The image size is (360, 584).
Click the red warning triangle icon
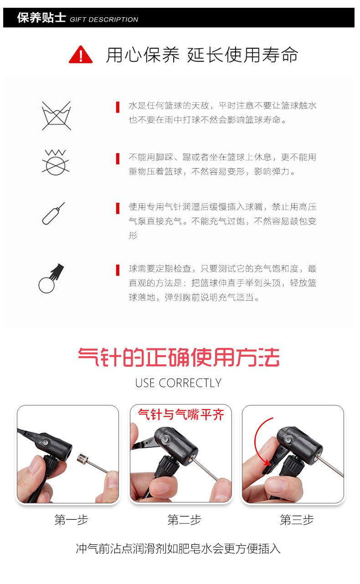81,55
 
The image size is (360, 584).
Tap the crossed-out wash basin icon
56,115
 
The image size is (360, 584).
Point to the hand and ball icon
51,278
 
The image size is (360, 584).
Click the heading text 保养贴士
41,18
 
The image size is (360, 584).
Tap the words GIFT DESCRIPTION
104,20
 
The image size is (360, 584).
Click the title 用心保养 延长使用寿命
202,55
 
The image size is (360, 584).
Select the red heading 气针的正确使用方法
179,358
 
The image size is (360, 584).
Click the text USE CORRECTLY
178,383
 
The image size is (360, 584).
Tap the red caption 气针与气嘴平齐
181,415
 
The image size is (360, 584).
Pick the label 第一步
71,520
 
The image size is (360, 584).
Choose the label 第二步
184,520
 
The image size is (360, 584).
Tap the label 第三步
297,520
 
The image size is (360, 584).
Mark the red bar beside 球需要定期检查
118,270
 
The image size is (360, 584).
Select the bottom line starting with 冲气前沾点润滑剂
178,548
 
